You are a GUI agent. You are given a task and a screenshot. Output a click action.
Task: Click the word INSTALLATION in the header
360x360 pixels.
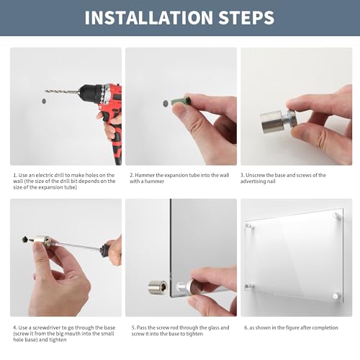pyautogui.click(x=149, y=17)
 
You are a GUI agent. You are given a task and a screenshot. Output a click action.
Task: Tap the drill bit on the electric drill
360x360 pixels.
pyautogui.click(x=63, y=91)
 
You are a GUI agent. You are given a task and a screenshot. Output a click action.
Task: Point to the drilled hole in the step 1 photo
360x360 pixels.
pyautogui.click(x=44, y=101)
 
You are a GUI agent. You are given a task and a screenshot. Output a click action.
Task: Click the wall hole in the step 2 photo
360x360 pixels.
pyautogui.click(x=166, y=104)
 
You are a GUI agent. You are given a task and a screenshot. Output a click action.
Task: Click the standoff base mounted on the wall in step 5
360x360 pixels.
pyautogui.click(x=158, y=287)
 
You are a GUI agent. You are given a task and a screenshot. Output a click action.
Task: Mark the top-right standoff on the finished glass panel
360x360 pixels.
pyautogui.click(x=337, y=216)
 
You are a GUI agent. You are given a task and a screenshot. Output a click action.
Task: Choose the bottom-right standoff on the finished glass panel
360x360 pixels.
pyautogui.click(x=336, y=296)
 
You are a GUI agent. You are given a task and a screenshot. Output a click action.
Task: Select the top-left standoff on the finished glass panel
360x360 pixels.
pyautogui.click(x=249, y=226)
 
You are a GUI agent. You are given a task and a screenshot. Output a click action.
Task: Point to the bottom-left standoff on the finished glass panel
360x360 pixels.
pyautogui.click(x=249, y=286)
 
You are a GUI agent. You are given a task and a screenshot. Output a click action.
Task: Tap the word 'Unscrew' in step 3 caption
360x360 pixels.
pyautogui.click(x=255, y=175)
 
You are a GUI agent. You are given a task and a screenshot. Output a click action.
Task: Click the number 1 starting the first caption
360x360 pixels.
pyautogui.click(x=14, y=175)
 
